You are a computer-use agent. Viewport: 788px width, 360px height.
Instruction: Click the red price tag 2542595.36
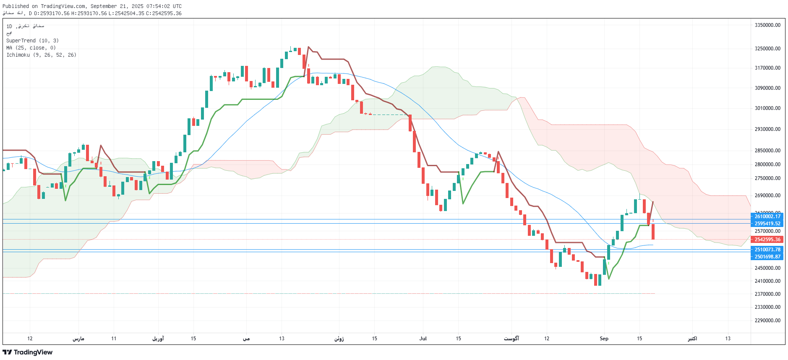tap(767, 240)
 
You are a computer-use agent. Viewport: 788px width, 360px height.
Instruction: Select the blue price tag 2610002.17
tap(767, 217)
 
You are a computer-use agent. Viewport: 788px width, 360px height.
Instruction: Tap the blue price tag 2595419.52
tap(767, 224)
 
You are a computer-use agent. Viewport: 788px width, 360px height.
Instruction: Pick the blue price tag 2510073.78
tap(767, 250)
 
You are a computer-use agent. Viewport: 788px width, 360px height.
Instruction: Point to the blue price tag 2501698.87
tap(767, 257)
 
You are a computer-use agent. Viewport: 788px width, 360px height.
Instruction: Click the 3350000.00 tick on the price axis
tap(767, 25)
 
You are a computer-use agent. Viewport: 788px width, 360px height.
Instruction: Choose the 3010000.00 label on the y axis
tap(767, 108)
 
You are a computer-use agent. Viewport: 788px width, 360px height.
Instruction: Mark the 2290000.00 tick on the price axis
tap(767, 321)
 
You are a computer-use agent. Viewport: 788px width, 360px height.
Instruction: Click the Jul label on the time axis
tap(423, 339)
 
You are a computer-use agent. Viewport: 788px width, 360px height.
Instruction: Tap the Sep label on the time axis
tap(604, 339)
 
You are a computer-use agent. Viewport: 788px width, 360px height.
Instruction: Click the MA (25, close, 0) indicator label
tap(31, 48)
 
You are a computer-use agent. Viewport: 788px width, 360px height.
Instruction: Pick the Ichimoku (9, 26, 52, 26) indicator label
tap(41, 55)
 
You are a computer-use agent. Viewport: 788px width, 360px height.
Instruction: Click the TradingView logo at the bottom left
tap(28, 352)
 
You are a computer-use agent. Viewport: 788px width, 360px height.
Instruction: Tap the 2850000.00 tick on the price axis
tap(767, 151)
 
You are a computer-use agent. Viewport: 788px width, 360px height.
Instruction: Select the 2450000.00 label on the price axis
tap(767, 268)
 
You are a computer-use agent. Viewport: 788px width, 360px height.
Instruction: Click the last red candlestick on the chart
tap(653, 231)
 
